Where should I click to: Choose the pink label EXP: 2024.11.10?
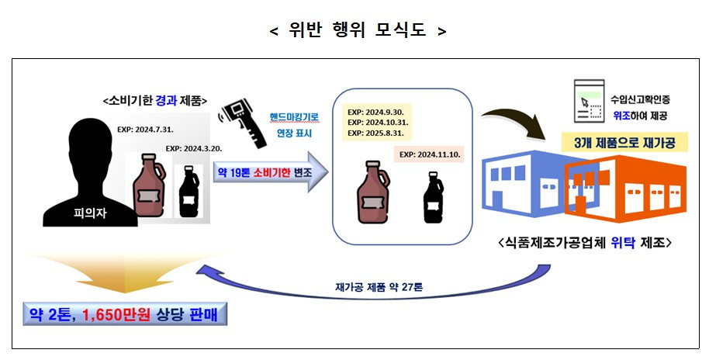coord(431,154)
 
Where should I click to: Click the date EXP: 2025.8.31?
coord(379,134)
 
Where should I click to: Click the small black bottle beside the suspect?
coord(188,192)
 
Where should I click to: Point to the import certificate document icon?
coord(586,101)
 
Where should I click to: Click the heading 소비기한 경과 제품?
coord(153,100)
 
